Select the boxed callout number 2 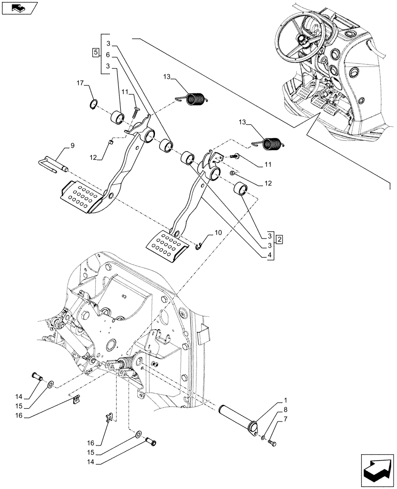(279, 239)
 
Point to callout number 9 (72, 145)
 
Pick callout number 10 (218, 232)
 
